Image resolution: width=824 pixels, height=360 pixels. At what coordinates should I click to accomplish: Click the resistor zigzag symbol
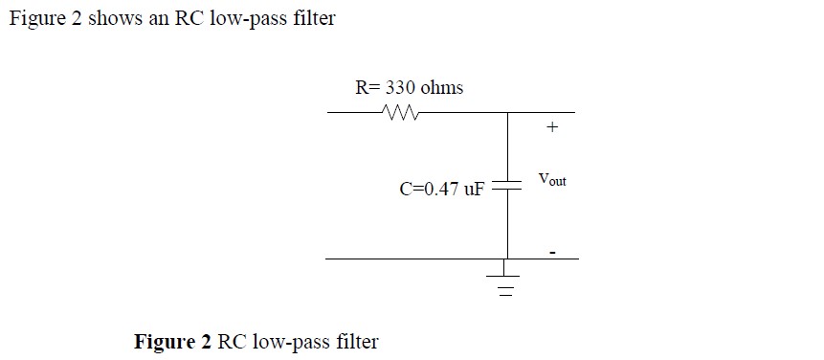point(396,113)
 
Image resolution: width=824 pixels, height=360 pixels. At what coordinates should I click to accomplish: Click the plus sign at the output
point(551,126)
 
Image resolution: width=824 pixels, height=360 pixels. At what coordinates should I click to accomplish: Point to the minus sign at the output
point(552,253)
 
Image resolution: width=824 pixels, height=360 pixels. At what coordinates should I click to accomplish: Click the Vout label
point(552,179)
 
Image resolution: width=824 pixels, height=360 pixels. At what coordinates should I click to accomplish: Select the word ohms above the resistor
point(442,88)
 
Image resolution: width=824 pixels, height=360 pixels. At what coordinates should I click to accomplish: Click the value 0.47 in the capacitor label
point(437,189)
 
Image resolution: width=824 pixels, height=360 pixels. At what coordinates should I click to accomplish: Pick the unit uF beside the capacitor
point(474,189)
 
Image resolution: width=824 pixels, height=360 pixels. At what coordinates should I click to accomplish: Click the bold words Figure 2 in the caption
point(173,342)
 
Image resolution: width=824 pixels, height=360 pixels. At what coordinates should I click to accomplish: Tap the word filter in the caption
point(356,342)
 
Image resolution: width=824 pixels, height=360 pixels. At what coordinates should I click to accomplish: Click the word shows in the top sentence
point(117,19)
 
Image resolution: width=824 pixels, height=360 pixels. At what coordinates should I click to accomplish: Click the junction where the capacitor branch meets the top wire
point(507,113)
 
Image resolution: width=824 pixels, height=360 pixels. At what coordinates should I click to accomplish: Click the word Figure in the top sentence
point(36,19)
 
